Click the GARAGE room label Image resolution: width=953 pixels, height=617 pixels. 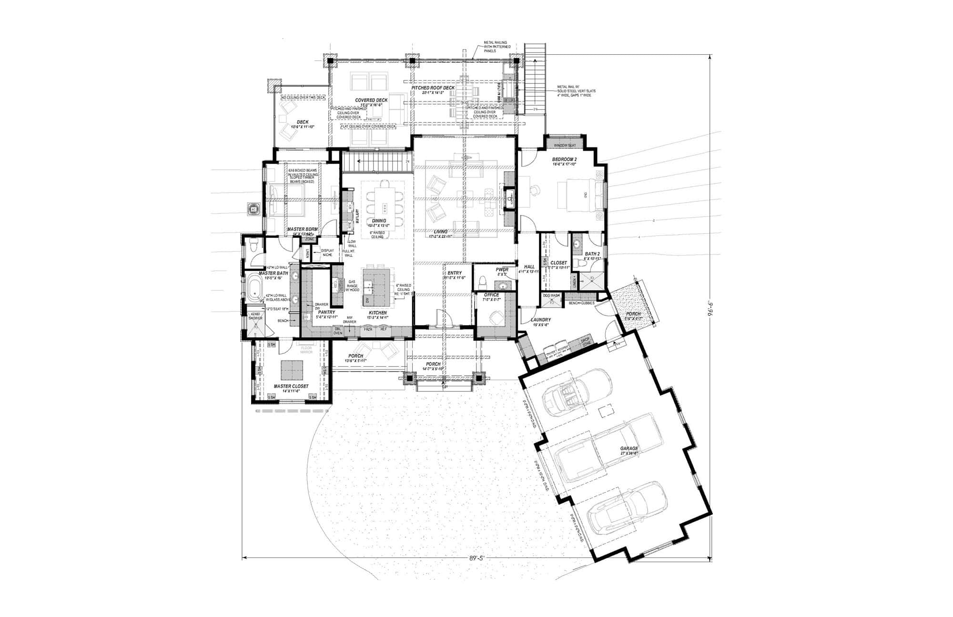point(629,449)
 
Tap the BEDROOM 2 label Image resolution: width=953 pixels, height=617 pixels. point(565,159)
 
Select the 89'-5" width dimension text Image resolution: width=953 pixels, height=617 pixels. point(476,557)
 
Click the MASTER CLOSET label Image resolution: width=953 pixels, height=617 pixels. point(291,386)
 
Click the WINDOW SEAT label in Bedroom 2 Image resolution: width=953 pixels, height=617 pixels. point(565,145)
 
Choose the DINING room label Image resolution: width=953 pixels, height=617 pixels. point(379,221)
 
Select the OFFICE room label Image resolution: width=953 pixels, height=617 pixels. point(491,295)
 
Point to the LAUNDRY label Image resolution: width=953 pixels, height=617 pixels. point(541,319)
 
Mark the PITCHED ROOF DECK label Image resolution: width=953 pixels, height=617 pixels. point(433,88)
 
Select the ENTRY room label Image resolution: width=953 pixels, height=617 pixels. point(454,273)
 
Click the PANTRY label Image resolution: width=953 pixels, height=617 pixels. point(327,312)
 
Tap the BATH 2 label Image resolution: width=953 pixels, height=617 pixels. point(592,254)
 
